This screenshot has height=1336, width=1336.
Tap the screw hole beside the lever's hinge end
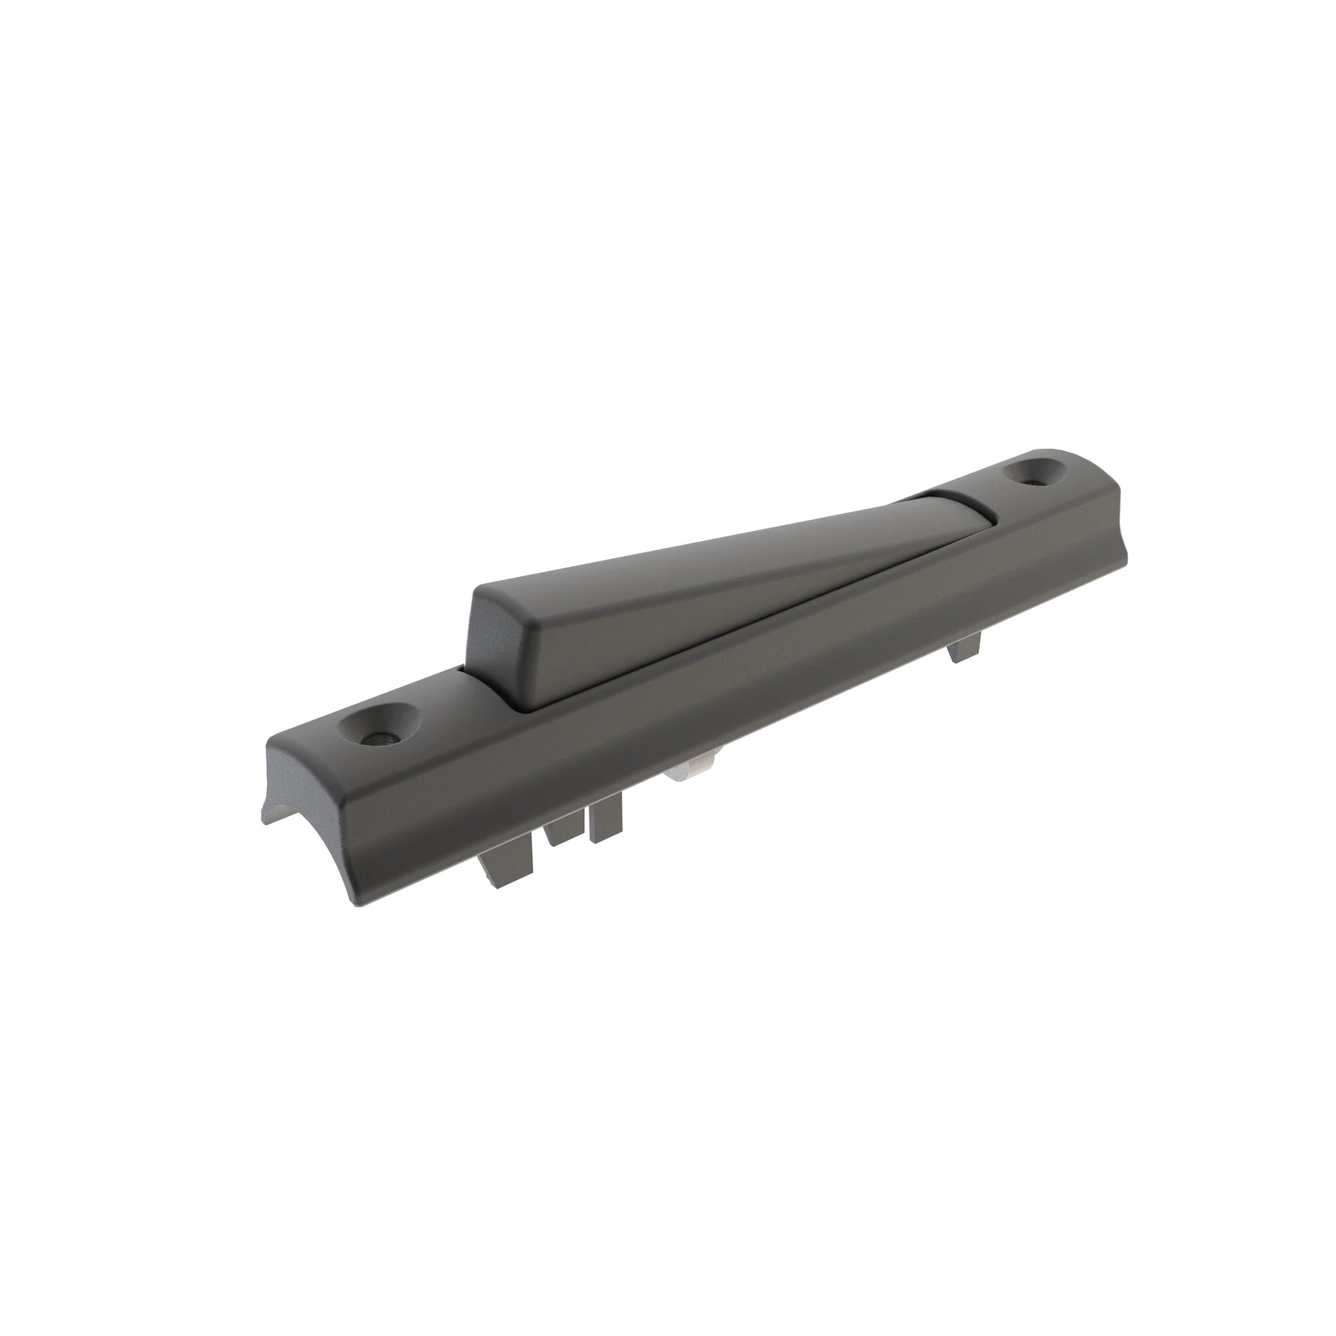[1037, 472]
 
